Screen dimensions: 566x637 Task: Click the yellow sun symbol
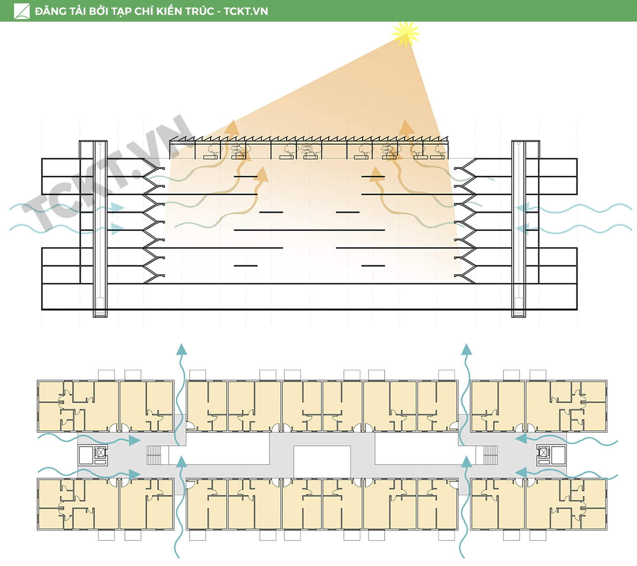[x=406, y=34]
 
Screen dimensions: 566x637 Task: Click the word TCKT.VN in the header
[x=245, y=11]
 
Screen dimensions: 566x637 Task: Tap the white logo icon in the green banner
[x=22, y=11]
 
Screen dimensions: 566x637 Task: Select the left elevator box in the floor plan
[x=101, y=453]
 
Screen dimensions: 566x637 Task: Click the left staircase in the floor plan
[x=154, y=455]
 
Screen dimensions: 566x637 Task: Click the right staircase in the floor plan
[x=490, y=455]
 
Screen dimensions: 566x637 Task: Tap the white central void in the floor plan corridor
[x=322, y=460]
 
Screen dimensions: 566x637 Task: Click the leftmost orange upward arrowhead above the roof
[x=232, y=127]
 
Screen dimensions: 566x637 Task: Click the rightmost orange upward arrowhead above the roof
[x=406, y=127]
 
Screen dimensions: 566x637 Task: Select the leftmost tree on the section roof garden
[x=214, y=149]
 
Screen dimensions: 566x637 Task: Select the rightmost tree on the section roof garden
[x=441, y=149]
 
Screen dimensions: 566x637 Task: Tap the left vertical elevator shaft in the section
[x=100, y=229]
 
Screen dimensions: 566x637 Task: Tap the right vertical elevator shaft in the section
[x=519, y=229]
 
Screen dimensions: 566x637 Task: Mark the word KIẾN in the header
[x=169, y=11]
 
